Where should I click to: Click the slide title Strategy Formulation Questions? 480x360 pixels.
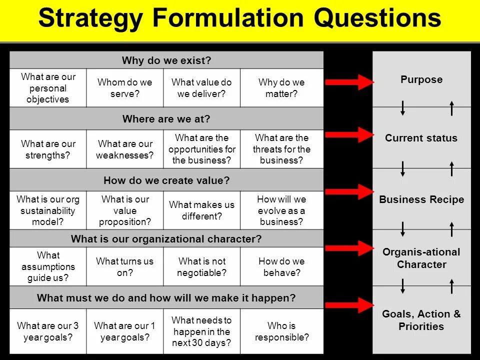[x=239, y=18]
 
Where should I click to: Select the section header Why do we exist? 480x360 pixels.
[x=166, y=60]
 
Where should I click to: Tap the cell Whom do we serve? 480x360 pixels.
[x=124, y=88]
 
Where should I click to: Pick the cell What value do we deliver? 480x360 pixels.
[x=201, y=88]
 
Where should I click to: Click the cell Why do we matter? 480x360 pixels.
[x=281, y=88]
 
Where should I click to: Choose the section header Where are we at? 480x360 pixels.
[x=166, y=119]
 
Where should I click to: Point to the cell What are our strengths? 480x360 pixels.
[x=48, y=149]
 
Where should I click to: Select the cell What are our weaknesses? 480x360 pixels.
[x=124, y=149]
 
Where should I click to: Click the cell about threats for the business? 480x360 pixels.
[x=281, y=149]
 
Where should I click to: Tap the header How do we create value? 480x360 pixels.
[x=166, y=180]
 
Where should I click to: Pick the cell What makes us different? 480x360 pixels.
[x=201, y=210]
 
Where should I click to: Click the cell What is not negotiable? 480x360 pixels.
[x=201, y=267]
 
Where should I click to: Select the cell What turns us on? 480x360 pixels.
[x=124, y=267]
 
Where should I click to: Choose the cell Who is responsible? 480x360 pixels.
[x=281, y=331]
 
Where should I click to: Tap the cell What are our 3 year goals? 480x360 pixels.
[x=48, y=331]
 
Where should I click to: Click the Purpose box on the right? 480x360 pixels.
[x=421, y=80]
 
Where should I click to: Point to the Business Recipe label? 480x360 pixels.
[x=421, y=200]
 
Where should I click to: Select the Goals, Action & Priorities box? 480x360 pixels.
[x=421, y=320]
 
